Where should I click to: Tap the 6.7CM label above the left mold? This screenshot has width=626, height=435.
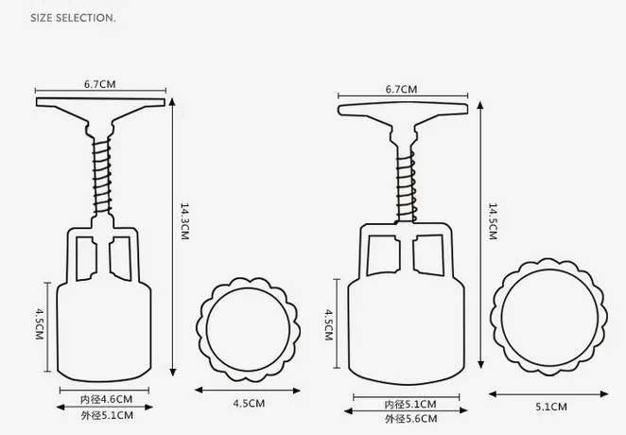[x=99, y=84]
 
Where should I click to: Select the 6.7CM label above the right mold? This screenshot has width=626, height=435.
[x=402, y=89]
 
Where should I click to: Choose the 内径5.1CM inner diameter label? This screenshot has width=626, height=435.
[x=409, y=404]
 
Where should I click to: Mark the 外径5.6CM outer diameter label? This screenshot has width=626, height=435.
[x=409, y=419]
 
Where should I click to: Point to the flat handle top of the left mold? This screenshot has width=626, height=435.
[x=100, y=102]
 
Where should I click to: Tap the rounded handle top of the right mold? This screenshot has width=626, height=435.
[x=404, y=109]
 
